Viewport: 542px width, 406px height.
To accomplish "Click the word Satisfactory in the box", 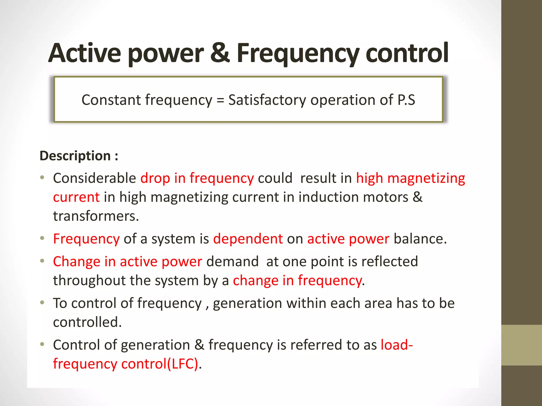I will tap(267, 100).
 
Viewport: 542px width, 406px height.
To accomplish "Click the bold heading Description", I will tap(75, 156).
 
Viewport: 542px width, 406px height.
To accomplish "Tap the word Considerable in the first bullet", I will tap(94, 178).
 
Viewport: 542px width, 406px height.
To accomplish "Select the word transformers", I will tap(96, 216).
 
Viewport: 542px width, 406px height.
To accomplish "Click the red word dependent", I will tap(248, 239).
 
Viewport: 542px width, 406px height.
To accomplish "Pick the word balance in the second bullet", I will tap(420, 239).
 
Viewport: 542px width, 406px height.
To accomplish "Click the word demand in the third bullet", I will tap(232, 262).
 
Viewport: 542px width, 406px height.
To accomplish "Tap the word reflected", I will tap(390, 262).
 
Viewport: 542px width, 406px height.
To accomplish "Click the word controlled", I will tap(87, 322).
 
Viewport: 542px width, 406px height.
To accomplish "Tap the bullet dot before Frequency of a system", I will tap(42, 238).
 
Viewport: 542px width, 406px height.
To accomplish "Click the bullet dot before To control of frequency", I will tap(42, 303).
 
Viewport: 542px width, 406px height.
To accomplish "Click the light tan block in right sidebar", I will tap(521, 345).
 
